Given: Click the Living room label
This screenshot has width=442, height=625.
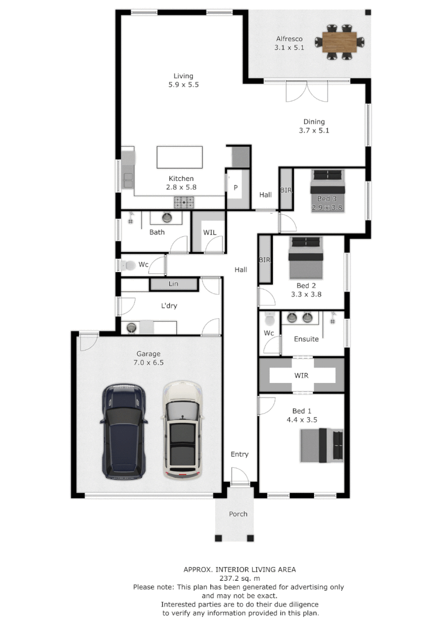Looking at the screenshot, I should [183, 76].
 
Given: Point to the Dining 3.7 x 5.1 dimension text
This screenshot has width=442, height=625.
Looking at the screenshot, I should [314, 131].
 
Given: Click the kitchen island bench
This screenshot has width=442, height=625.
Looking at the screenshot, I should [180, 157].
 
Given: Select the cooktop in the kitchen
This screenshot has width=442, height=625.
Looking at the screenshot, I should [184, 203].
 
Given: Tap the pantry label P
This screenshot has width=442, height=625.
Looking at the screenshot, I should [236, 188].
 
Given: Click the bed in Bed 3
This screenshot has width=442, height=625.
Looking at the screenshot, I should [326, 191].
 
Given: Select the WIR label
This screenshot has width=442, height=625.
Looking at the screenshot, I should [301, 375].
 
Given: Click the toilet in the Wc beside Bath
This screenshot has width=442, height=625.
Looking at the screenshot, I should [127, 266].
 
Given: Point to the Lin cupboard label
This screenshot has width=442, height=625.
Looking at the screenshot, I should [173, 285].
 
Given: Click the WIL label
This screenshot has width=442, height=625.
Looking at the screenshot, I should [210, 233].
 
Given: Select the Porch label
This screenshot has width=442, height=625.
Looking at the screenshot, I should [238, 514].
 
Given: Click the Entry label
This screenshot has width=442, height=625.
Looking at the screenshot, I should [239, 454].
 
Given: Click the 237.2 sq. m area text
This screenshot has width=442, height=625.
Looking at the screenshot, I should [239, 578].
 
